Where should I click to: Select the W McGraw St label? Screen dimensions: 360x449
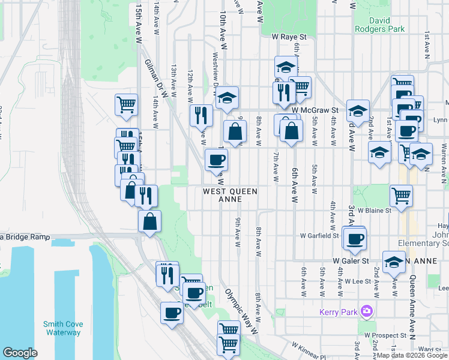316,110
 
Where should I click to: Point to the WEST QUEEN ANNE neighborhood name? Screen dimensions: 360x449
230,195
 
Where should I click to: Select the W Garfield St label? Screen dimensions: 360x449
320,236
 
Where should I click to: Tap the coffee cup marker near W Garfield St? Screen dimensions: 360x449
354,238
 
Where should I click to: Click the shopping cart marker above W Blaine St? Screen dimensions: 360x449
401,194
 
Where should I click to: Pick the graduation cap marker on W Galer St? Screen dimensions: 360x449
394,263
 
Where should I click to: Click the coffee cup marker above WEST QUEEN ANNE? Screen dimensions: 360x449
216,160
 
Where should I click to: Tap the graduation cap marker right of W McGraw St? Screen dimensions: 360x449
358,111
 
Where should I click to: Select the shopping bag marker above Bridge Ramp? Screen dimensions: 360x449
149,221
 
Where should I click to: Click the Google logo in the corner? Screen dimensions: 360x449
20,353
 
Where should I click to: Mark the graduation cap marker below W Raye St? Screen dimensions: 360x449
286,67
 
